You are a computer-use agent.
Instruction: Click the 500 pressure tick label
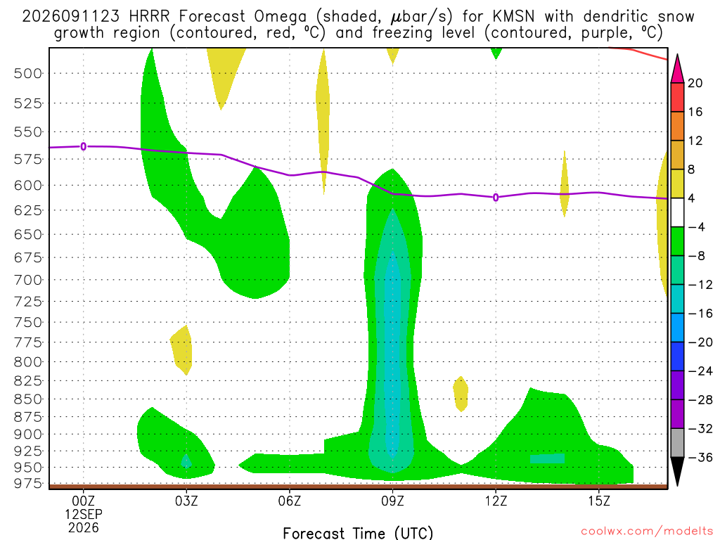click(27, 73)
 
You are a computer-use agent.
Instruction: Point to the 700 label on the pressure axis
click(27, 280)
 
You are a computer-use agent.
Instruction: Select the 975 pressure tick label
click(27, 484)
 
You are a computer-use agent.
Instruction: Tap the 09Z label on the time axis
click(392, 501)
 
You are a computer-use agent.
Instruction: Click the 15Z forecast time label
click(599, 501)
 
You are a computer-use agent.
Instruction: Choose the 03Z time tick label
click(186, 501)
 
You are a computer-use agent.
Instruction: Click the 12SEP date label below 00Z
click(84, 514)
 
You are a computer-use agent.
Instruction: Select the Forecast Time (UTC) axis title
click(358, 533)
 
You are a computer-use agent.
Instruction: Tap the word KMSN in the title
click(513, 17)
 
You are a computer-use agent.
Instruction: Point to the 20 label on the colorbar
click(695, 83)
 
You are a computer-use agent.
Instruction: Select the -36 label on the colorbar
click(700, 457)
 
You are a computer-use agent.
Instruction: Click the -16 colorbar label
click(700, 313)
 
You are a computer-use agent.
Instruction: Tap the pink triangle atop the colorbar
click(677, 69)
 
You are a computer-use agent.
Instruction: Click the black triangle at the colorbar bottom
click(677, 470)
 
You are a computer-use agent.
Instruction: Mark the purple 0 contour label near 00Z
click(83, 146)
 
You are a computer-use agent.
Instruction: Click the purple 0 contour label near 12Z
click(496, 198)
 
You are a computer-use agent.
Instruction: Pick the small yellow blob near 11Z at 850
click(461, 394)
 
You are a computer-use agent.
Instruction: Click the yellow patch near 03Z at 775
click(182, 350)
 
